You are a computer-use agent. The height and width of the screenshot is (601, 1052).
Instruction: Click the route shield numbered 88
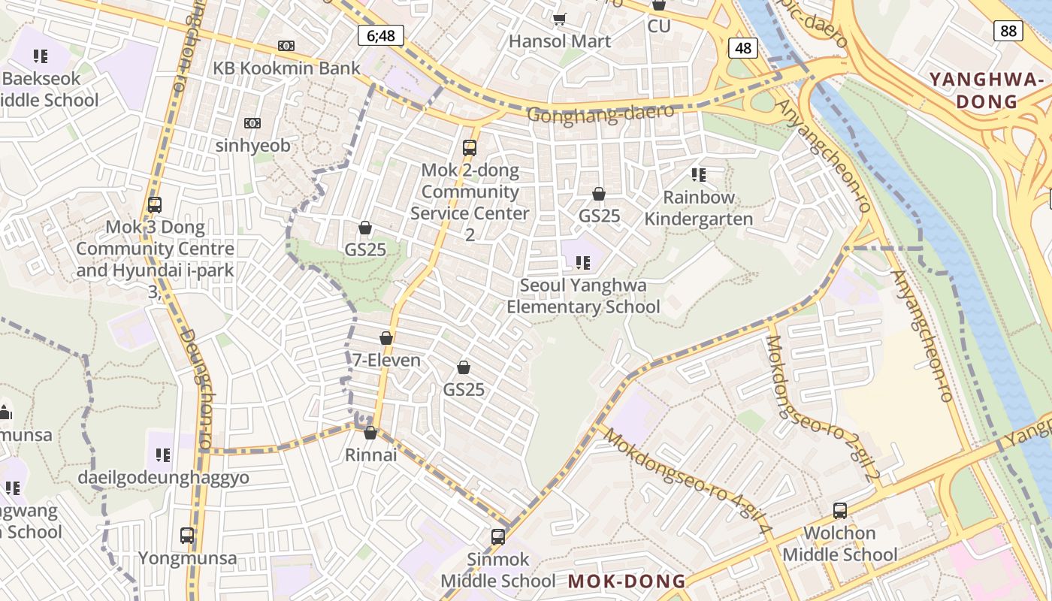click(x=1008, y=30)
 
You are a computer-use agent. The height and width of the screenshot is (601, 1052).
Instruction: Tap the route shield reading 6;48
click(x=381, y=35)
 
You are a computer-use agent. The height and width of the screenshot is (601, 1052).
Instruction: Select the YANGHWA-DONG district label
click(x=987, y=90)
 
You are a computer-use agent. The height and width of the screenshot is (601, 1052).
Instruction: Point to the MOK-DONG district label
click(x=627, y=581)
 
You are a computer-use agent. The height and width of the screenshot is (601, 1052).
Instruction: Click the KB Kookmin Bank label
click(x=286, y=68)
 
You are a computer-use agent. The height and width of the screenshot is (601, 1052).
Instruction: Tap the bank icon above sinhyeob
click(x=252, y=122)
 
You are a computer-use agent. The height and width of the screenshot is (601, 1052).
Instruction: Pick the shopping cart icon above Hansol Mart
click(x=559, y=18)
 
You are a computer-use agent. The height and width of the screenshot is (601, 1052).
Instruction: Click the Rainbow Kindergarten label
click(x=699, y=208)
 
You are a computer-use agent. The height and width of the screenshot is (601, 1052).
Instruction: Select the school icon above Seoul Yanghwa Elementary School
click(x=582, y=262)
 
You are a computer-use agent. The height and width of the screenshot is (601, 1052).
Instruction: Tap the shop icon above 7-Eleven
click(x=386, y=339)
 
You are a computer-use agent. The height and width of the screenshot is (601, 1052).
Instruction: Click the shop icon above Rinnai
click(x=370, y=433)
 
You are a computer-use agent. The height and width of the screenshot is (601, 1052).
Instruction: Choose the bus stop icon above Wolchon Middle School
click(x=840, y=511)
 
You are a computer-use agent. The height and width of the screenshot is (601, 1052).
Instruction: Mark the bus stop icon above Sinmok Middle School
click(x=497, y=536)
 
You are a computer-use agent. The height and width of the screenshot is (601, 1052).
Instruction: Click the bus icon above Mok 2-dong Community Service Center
click(x=470, y=147)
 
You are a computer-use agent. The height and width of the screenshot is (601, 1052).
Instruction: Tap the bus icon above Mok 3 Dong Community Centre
click(x=155, y=204)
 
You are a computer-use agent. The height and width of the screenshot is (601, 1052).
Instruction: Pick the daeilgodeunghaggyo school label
click(x=163, y=478)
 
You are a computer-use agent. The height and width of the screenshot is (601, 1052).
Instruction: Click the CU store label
click(x=659, y=26)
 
